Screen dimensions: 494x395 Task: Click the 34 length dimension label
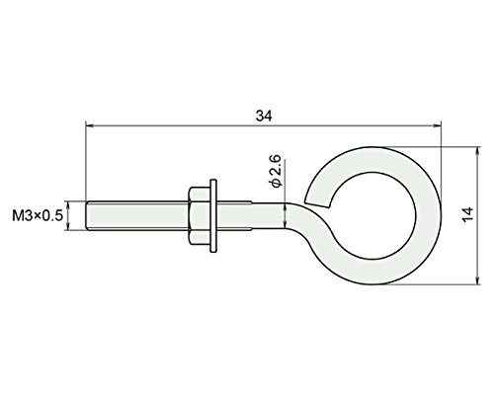coord(264,116)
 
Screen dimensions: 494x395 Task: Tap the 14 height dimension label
coord(468,214)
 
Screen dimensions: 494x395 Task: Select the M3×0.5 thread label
coord(38,216)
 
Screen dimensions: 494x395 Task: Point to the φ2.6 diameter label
coord(276,171)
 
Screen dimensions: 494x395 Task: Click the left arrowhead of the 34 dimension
coord(88,125)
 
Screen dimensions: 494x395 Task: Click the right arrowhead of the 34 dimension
coord(438,125)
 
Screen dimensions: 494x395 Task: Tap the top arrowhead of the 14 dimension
coord(477,150)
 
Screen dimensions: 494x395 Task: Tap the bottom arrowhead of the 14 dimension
coord(477,280)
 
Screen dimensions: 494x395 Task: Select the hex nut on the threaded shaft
coord(200,216)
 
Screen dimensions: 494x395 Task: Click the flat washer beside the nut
coord(213,216)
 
